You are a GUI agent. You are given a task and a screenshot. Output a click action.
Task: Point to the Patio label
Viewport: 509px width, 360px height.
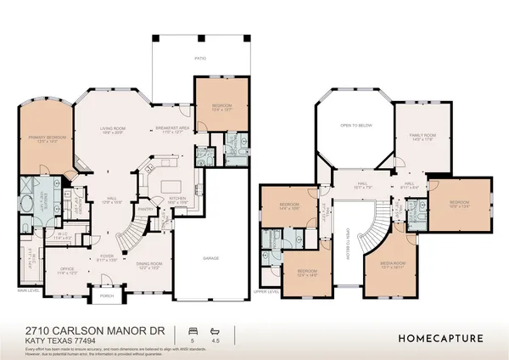coord(200,59)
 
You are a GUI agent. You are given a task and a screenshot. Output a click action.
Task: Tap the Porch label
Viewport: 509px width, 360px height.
coord(108,297)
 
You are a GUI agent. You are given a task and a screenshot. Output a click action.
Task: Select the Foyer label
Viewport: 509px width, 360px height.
coord(108,256)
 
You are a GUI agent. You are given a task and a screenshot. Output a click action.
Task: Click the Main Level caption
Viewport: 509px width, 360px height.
coord(28,290)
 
